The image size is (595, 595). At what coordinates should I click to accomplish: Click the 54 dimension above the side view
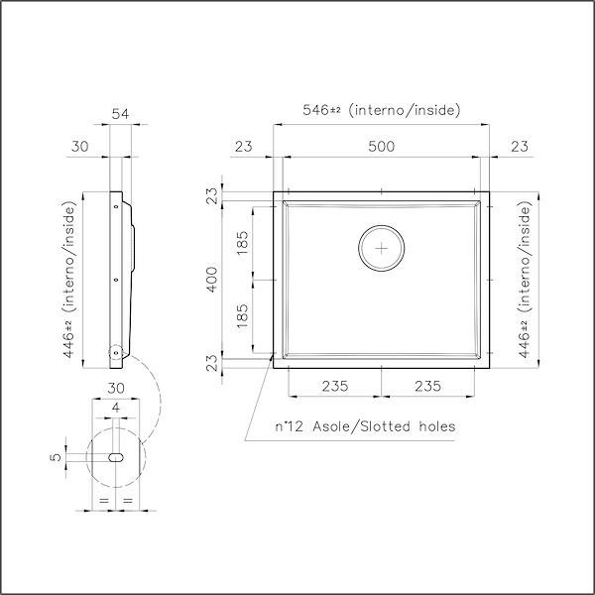tap(120, 115)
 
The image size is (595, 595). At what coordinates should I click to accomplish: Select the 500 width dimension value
tap(381, 146)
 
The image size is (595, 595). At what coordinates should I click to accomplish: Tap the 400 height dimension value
tap(211, 279)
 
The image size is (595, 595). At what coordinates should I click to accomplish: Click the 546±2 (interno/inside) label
tap(381, 110)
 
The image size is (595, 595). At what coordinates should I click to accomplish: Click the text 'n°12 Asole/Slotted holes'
tap(365, 426)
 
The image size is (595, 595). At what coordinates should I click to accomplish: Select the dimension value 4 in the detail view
tap(116, 408)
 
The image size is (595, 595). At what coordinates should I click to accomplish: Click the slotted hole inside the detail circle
tap(116, 458)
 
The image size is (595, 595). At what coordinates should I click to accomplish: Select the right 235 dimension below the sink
tap(428, 386)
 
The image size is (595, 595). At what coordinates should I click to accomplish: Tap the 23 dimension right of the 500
tap(519, 146)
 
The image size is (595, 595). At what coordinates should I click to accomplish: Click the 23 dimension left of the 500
tap(244, 146)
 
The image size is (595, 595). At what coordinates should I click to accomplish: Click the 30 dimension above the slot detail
tap(116, 388)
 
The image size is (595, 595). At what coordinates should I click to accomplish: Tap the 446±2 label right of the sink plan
tap(525, 279)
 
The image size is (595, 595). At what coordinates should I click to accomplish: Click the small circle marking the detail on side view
tap(116, 352)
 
